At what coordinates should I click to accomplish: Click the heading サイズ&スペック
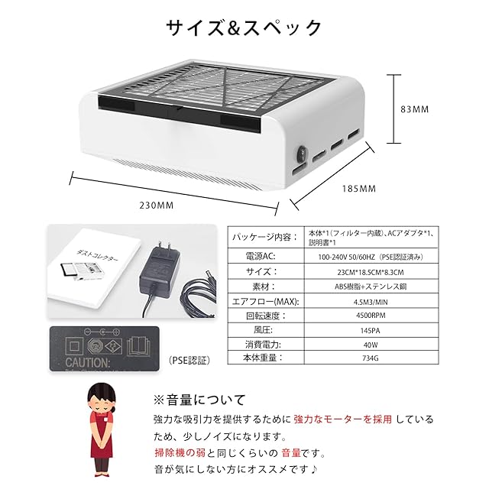coord(244,28)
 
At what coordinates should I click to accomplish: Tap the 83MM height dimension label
coord(415,109)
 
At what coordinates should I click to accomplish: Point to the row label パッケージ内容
coord(261,237)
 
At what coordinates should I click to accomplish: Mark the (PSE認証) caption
coord(187,358)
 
